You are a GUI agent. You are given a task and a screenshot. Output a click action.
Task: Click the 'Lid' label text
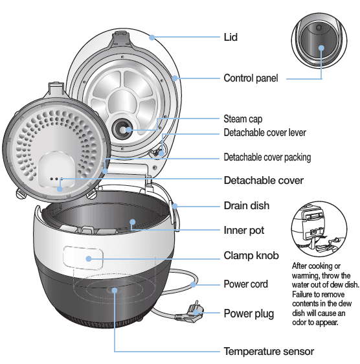[231, 37]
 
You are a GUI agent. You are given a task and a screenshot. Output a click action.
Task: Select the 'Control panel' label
[251, 78]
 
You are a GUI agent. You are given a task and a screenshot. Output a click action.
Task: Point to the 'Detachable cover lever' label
[265, 133]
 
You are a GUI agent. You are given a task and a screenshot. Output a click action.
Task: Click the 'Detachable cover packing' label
[267, 157]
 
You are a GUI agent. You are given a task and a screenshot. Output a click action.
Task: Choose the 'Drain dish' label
[247, 205]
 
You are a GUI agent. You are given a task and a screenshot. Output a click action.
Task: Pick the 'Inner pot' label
[244, 230]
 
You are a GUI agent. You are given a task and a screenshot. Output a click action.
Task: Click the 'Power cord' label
[245, 284]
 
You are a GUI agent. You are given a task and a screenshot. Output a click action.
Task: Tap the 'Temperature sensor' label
[269, 352]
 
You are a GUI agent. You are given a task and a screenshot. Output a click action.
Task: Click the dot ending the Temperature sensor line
[115, 290]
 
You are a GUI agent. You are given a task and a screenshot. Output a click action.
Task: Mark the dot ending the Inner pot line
[132, 222]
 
